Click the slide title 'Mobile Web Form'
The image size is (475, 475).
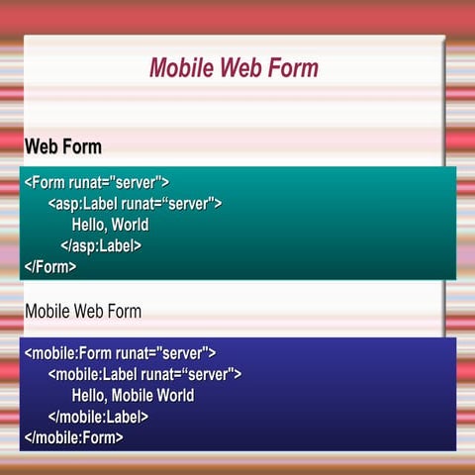pyautogui.click(x=234, y=68)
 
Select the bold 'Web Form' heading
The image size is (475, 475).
pyautogui.click(x=63, y=147)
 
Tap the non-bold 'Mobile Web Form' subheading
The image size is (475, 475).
pyautogui.click(x=83, y=312)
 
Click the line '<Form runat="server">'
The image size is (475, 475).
pyautogui.click(x=97, y=182)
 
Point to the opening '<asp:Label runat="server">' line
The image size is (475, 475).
pyautogui.click(x=135, y=204)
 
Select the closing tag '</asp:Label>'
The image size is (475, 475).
pyautogui.click(x=101, y=246)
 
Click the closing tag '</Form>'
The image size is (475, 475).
pyautogui.click(x=50, y=267)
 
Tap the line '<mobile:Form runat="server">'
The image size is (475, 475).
pyautogui.click(x=120, y=353)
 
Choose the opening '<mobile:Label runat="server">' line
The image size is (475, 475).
pyautogui.click(x=144, y=374)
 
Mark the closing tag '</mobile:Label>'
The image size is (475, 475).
pyautogui.click(x=98, y=417)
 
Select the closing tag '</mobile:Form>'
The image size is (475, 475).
pyautogui.click(x=74, y=437)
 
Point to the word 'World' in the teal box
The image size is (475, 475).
pyautogui.click(x=130, y=225)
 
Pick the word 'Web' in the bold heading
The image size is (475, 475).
pyautogui.click(x=42, y=147)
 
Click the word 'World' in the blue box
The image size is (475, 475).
pyautogui.click(x=174, y=396)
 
